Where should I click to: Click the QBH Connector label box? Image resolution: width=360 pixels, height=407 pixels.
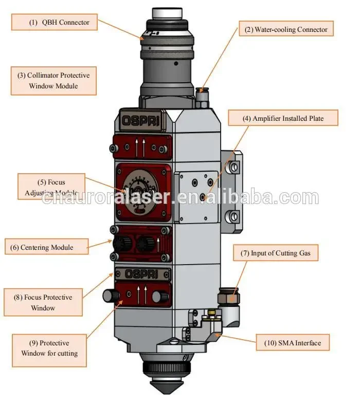[x=55, y=23]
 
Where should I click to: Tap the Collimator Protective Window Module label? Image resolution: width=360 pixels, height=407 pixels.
[x=53, y=81]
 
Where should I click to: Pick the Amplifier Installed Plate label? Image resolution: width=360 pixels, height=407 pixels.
[x=283, y=119]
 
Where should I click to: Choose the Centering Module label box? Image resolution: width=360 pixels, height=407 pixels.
[x=46, y=247]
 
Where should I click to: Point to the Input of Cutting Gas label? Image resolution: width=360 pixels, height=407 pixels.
[x=279, y=253]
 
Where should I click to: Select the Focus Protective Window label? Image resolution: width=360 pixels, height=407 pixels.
[x=43, y=303]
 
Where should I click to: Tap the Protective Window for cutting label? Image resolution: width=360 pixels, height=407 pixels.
[x=49, y=348]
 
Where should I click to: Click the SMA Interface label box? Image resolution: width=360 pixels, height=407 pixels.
[x=293, y=343]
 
